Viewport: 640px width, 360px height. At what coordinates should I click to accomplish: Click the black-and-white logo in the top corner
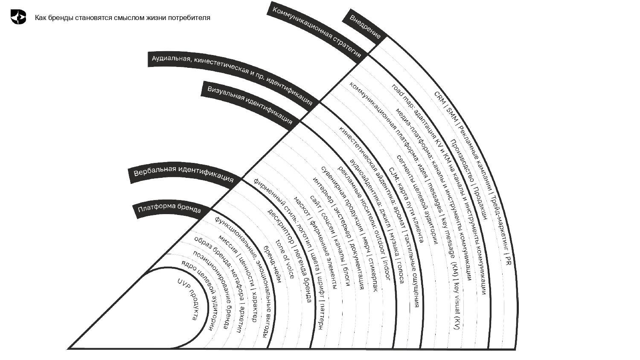coord(18,17)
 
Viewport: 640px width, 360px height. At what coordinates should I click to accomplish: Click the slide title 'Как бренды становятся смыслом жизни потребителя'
coord(122,18)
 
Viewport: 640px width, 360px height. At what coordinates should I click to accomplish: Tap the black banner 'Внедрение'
coord(365,27)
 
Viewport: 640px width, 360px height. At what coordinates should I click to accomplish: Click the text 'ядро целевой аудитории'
coord(200,294)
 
